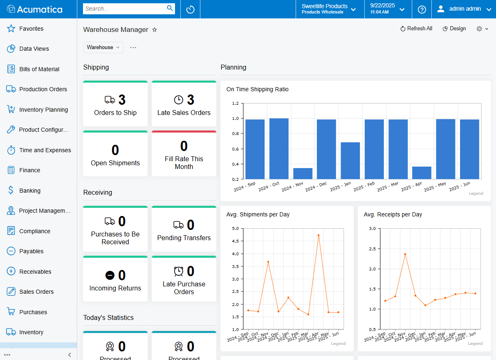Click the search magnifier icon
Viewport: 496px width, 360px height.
click(x=170, y=8)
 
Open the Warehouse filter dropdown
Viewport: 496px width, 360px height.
click(x=103, y=47)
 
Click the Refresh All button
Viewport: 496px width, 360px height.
click(x=416, y=29)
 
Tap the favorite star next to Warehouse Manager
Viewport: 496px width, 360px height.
click(x=155, y=30)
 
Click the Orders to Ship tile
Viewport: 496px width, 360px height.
click(x=115, y=104)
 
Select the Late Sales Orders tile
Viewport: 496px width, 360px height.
click(x=184, y=104)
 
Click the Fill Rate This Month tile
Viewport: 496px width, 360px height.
click(x=184, y=155)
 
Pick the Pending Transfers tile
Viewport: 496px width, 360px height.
click(x=184, y=229)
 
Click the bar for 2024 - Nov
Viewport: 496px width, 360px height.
click(x=303, y=173)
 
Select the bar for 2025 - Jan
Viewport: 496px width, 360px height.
click(x=350, y=161)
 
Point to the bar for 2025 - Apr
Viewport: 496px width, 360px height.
click(x=422, y=173)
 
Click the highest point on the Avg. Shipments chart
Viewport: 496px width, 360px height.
click(x=318, y=235)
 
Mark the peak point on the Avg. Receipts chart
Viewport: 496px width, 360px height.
click(x=405, y=254)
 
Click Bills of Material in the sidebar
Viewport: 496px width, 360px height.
click(x=39, y=69)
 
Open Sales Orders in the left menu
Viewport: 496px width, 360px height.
click(x=36, y=292)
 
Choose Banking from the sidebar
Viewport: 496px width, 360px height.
click(x=29, y=191)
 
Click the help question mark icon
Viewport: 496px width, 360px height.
click(x=422, y=9)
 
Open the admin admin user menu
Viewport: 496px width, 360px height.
click(x=464, y=9)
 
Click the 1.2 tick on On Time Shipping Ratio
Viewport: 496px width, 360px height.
click(x=236, y=103)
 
